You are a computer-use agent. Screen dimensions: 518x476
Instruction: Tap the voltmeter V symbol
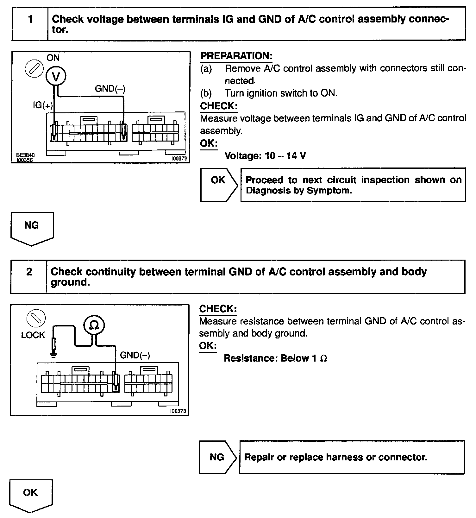[x=56, y=76]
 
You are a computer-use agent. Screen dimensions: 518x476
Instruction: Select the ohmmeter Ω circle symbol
[x=94, y=325]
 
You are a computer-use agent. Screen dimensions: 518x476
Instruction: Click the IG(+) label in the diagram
[x=43, y=105]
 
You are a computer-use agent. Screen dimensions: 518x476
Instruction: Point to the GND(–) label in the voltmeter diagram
[x=110, y=89]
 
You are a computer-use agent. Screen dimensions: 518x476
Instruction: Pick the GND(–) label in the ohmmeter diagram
[x=135, y=355]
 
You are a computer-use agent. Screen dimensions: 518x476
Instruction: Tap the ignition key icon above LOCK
[x=36, y=318]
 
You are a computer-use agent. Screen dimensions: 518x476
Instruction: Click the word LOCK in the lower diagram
[x=33, y=335]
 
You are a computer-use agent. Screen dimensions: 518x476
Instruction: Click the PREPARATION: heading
[x=236, y=56]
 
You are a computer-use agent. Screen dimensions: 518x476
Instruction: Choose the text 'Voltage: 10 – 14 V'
[x=265, y=156]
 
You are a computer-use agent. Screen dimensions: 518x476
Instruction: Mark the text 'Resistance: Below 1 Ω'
[x=275, y=358]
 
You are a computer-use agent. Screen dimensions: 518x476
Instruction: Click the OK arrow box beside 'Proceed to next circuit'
[x=218, y=185]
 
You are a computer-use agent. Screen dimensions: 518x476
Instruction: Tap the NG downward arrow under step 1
[x=32, y=228]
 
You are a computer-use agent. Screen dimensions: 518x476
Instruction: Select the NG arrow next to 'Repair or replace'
[x=217, y=457]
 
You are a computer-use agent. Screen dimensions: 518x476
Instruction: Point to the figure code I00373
[x=178, y=411]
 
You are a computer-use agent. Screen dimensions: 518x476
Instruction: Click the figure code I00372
[x=179, y=159]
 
